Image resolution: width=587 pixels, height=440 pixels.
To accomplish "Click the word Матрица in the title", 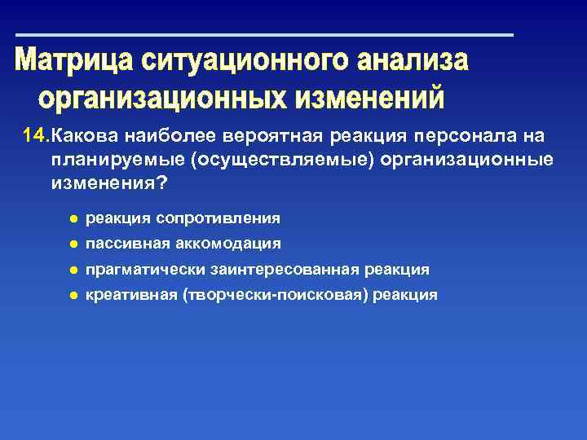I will click(x=74, y=61).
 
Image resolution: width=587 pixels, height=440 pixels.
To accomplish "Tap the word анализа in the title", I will click(x=412, y=61).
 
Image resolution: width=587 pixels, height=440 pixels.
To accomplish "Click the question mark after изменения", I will click(x=161, y=183).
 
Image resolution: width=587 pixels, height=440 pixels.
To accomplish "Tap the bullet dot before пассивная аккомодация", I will click(x=73, y=244).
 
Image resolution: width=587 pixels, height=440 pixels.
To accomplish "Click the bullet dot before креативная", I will click(x=73, y=294).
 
